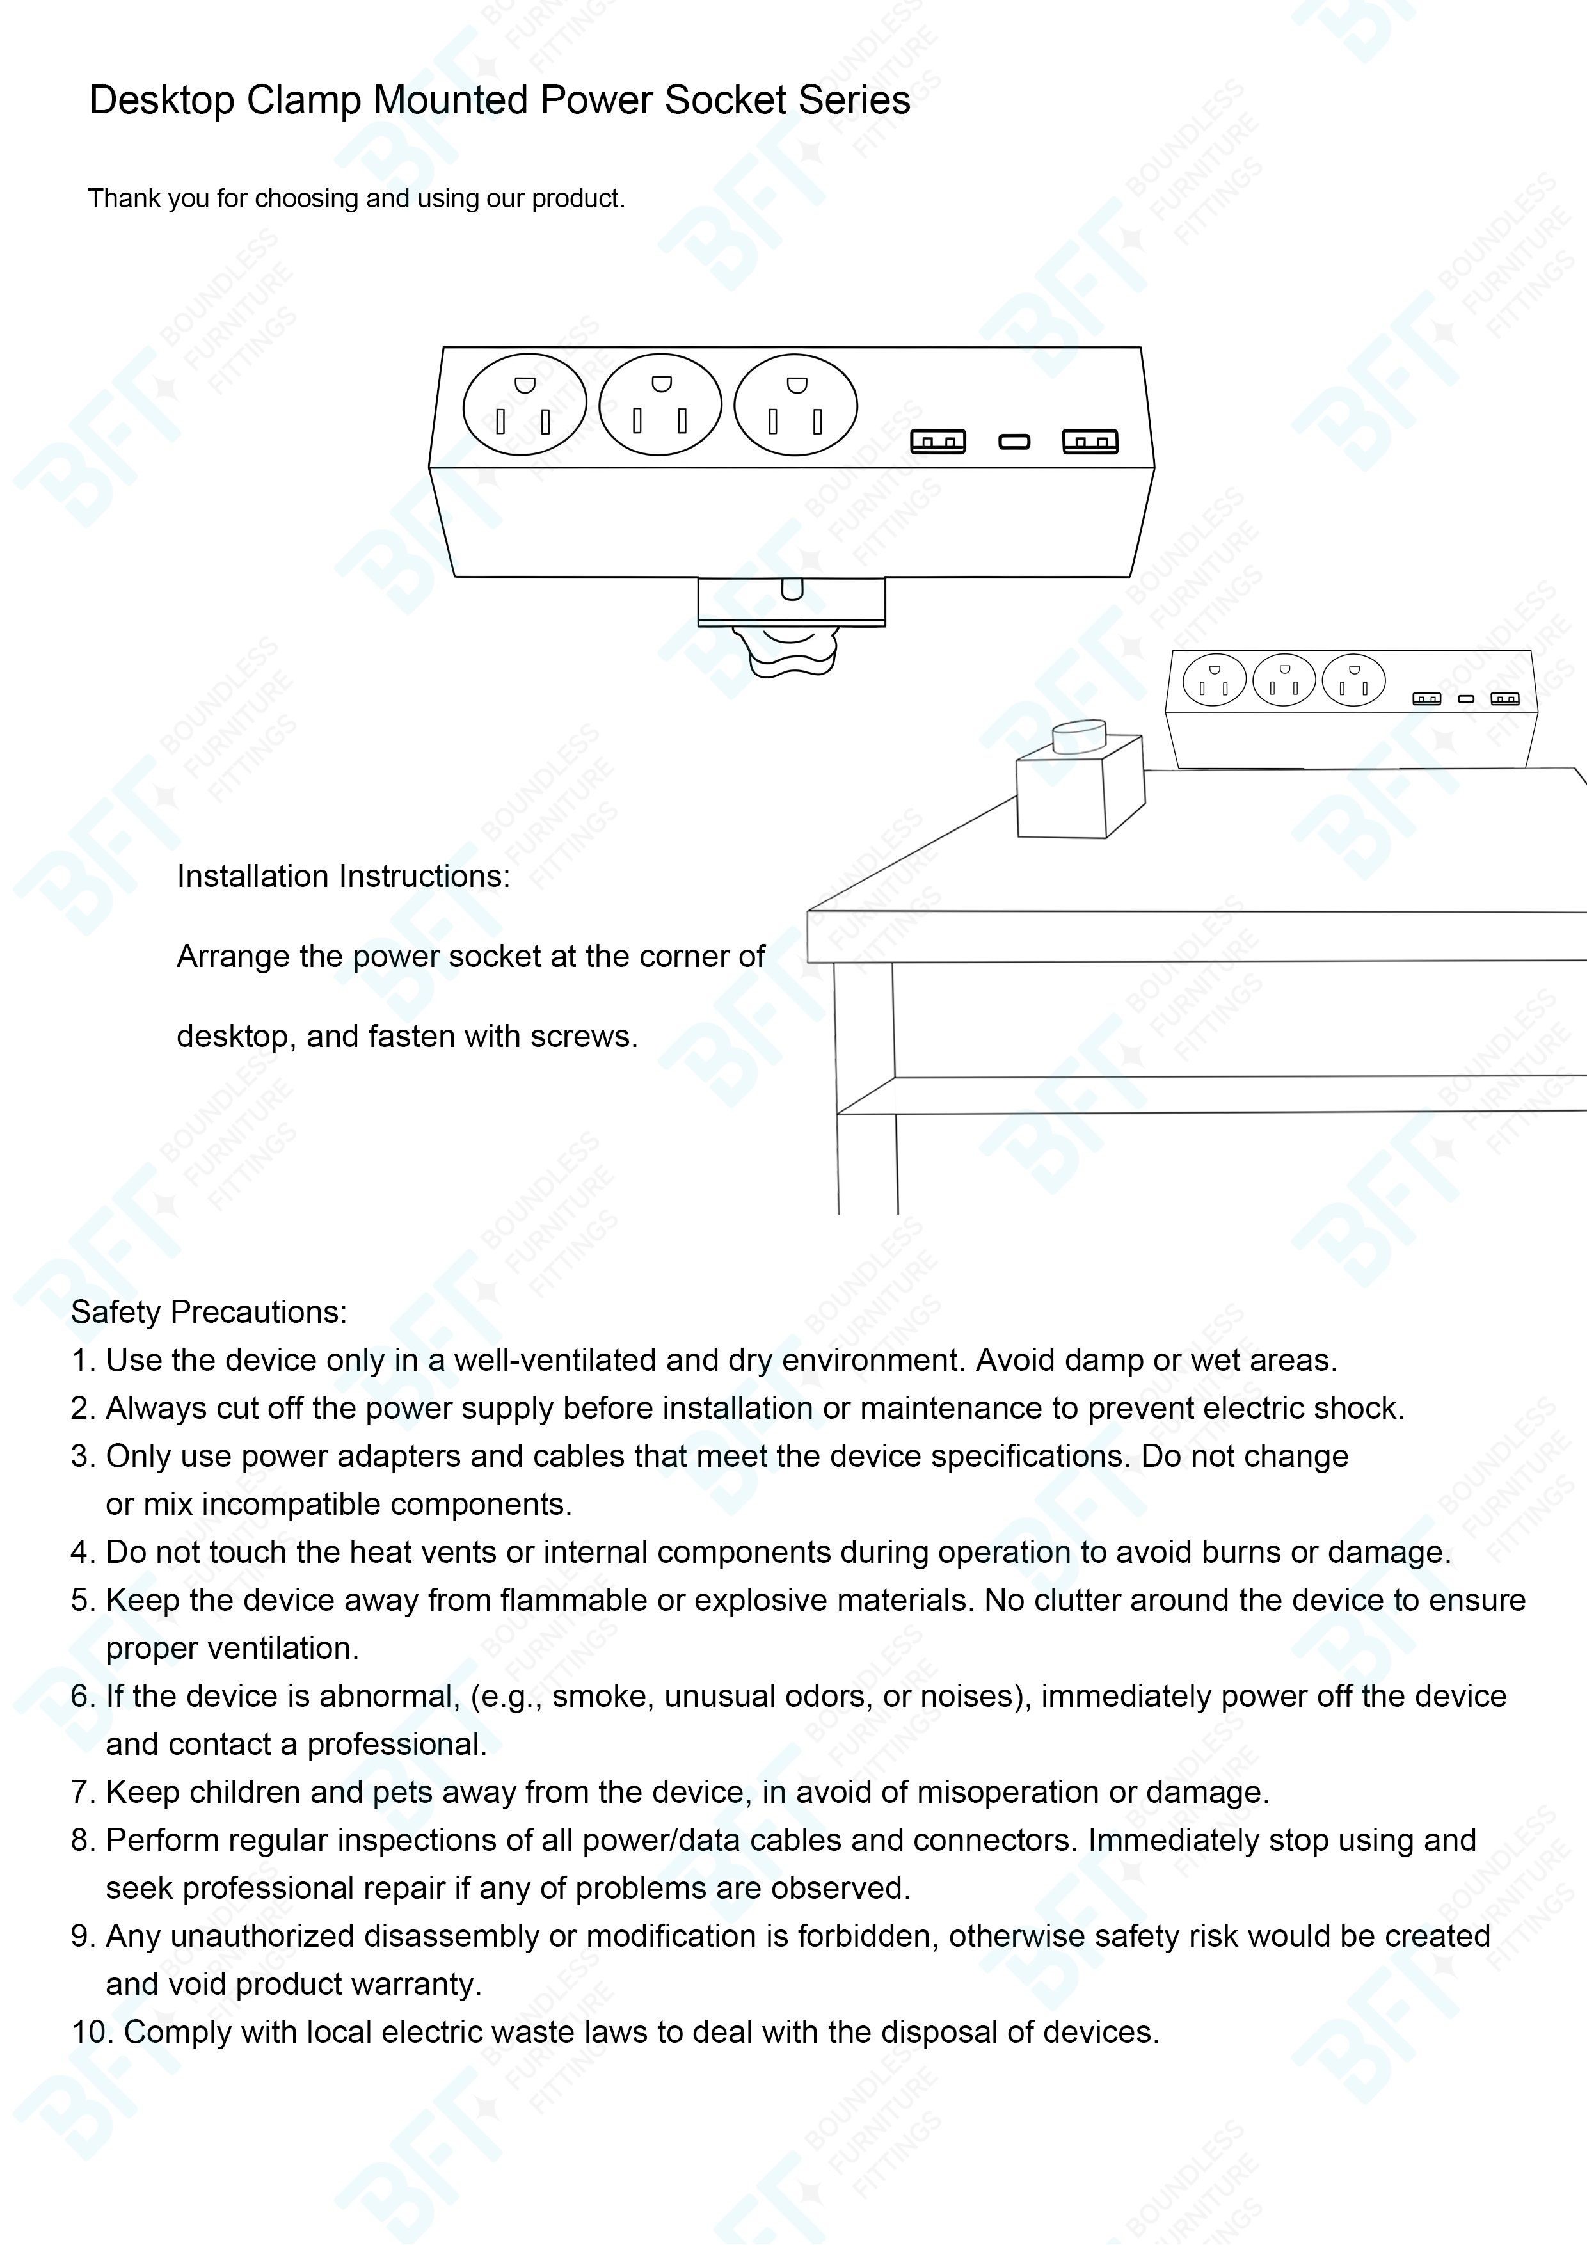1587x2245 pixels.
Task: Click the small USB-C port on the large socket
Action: [x=1014, y=442]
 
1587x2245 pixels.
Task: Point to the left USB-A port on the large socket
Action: [x=937, y=442]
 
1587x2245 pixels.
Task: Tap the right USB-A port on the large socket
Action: [x=1090, y=442]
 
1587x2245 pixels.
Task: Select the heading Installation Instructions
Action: [x=343, y=876]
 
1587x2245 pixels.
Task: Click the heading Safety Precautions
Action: [x=209, y=1312]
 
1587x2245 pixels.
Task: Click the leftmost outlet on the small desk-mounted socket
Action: [x=1215, y=680]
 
